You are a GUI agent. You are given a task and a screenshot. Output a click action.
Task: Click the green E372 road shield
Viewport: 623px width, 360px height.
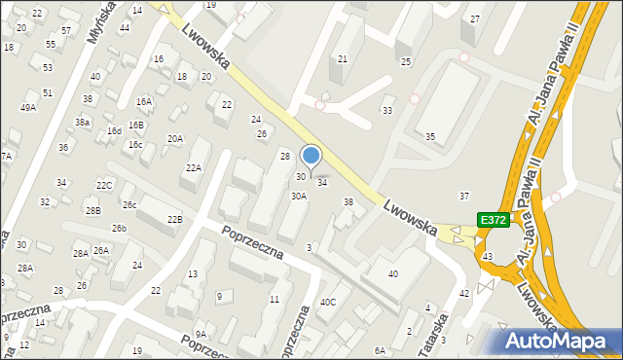click(x=493, y=220)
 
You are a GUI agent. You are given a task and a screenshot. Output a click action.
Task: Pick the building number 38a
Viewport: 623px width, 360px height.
click(x=83, y=123)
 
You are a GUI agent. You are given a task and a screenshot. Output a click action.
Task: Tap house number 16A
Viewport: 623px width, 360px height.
click(x=144, y=101)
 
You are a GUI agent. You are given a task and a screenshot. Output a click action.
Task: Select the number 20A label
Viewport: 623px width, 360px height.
click(x=174, y=139)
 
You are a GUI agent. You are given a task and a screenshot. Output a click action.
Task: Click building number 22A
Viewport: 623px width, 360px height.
click(x=194, y=168)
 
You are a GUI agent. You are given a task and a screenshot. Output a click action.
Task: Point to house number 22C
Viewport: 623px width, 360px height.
click(x=104, y=185)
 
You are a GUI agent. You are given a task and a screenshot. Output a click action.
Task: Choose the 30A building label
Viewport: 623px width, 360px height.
click(x=299, y=196)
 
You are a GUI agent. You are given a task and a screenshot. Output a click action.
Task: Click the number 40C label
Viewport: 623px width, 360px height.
click(x=328, y=303)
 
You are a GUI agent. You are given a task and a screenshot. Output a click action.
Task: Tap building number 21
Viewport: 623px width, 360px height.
click(x=343, y=59)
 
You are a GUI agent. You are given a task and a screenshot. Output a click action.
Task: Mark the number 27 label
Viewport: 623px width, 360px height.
click(x=475, y=19)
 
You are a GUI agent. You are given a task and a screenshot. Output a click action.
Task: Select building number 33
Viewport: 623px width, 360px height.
click(x=386, y=110)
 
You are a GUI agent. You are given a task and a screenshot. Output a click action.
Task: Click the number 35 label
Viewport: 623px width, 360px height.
click(x=429, y=136)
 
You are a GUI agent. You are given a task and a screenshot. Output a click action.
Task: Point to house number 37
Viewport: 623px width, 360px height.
click(x=464, y=197)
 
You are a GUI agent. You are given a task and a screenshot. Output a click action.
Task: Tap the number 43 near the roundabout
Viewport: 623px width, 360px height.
click(x=487, y=256)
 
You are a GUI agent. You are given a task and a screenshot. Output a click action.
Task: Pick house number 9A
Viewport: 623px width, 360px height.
click(x=201, y=335)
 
